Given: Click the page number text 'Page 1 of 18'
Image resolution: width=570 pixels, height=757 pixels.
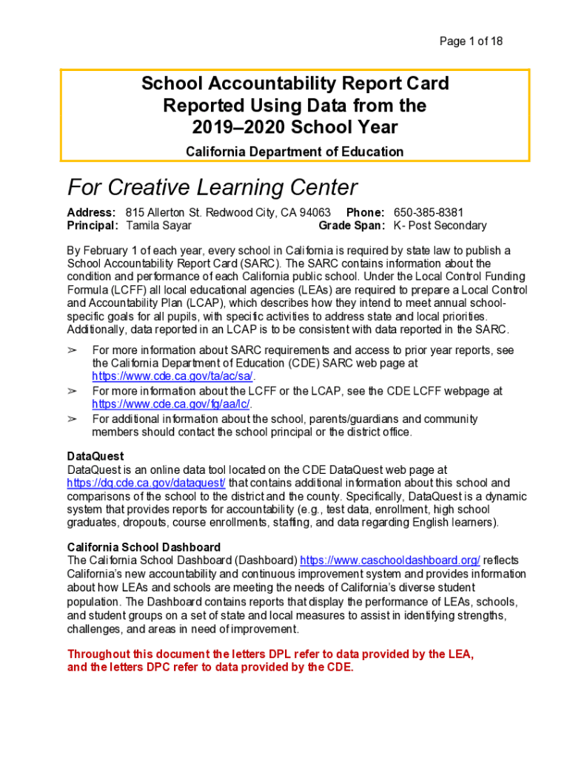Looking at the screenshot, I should [x=471, y=41].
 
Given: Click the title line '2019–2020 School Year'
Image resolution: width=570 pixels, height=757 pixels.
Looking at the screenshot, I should [x=295, y=127].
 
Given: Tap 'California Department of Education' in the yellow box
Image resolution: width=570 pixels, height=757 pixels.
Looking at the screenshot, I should [x=295, y=152].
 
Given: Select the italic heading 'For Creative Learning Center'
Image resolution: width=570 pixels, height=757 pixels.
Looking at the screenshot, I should [x=212, y=187].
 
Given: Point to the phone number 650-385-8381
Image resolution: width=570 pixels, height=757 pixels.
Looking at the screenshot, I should [x=429, y=213].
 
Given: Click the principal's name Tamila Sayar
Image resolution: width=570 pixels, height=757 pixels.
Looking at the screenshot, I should [x=158, y=225].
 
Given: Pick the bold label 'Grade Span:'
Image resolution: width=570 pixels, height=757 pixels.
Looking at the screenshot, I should [x=352, y=225].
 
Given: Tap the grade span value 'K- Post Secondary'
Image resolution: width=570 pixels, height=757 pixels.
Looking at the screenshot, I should [x=440, y=225].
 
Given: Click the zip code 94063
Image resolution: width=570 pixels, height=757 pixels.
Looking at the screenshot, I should [x=315, y=213].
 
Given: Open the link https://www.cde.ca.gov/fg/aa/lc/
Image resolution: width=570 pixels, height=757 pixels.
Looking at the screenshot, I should [x=171, y=404].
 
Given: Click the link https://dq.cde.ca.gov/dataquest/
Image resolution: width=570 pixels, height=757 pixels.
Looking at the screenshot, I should [x=146, y=483].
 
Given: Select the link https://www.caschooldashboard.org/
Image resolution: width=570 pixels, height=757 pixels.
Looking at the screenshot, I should [x=390, y=560].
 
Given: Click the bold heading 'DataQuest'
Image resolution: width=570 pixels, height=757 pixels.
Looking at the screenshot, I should [x=95, y=456].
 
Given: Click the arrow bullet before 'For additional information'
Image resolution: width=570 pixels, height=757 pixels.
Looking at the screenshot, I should [x=73, y=419].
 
